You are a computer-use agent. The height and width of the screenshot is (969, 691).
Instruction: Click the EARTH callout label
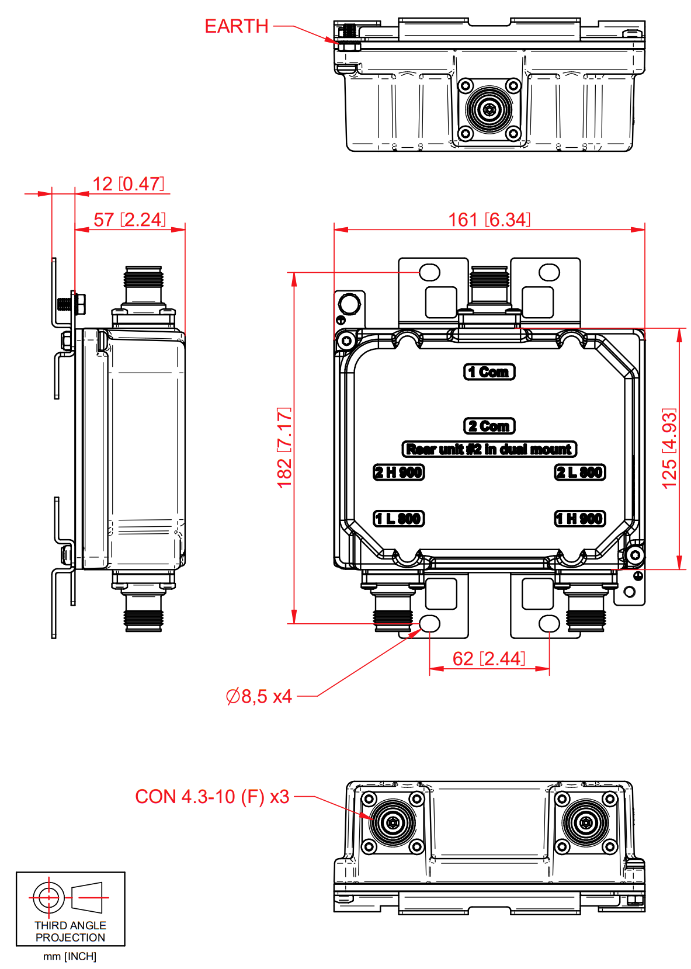[237, 26]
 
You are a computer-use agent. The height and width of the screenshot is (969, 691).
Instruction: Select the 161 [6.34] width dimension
[489, 220]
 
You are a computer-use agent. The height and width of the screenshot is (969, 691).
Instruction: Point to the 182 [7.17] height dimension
[284, 447]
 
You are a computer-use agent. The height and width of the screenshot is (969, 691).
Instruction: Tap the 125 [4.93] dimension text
[669, 448]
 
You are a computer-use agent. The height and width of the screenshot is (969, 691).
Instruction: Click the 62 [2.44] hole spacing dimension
[489, 659]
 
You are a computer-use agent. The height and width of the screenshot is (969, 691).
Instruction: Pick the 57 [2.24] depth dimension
[130, 220]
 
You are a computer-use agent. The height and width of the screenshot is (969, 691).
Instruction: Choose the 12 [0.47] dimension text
[128, 184]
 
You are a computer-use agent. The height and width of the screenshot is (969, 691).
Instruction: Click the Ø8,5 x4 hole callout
[259, 696]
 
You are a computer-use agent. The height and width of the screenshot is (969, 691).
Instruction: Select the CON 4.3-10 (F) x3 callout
[212, 797]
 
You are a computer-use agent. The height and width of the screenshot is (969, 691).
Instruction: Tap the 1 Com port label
[489, 372]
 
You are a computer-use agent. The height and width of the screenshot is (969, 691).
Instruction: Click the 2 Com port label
[489, 426]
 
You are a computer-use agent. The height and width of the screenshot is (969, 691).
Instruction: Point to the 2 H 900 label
[399, 472]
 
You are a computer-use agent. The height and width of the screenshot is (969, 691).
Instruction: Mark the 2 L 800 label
[579, 472]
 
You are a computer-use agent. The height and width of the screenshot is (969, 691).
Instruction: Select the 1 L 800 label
[399, 518]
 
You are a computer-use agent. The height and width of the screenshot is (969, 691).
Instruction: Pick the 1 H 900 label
[579, 518]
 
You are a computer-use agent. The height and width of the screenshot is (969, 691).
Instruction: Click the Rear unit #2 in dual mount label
[489, 449]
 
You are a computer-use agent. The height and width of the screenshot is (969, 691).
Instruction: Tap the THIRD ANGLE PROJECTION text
[70, 931]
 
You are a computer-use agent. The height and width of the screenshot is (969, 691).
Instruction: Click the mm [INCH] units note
[70, 956]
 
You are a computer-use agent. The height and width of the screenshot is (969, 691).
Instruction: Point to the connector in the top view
[489, 109]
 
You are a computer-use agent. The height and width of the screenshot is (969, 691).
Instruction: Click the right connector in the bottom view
[585, 822]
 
